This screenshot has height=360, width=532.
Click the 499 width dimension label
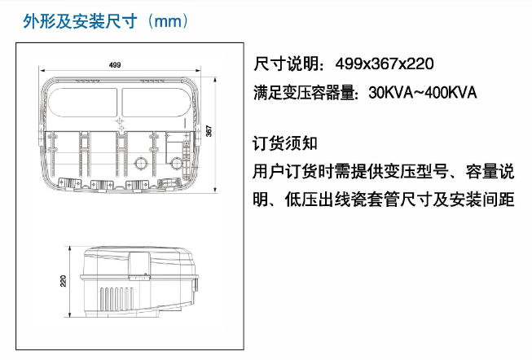point(115,65)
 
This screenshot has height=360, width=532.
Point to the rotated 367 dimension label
point(209,131)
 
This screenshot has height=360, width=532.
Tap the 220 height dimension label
point(63,281)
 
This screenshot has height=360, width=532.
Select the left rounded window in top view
point(83,102)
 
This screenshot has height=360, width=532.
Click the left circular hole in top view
point(140,163)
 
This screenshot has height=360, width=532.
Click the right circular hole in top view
point(176,163)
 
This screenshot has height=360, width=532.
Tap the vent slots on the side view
point(117,299)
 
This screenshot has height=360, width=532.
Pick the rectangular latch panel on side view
point(138,266)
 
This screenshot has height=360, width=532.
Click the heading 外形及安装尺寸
point(80,21)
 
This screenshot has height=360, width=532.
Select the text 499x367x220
point(385,64)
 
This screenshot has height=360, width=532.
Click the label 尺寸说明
point(286,64)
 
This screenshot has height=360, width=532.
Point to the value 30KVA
point(391,93)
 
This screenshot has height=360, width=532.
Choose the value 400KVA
point(451,93)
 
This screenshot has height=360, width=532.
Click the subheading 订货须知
point(285,143)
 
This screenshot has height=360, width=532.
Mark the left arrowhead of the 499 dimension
point(42,71)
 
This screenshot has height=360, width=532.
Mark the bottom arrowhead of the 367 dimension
point(215,191)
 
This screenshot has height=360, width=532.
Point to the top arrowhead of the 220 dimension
point(70,248)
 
